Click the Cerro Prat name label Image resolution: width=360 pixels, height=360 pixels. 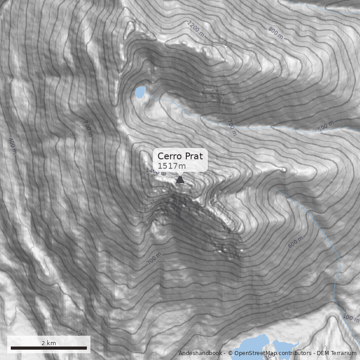click(x=180, y=156)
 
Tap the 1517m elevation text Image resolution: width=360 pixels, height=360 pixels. click(x=171, y=166)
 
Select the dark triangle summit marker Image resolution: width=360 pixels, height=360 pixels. click(x=180, y=180)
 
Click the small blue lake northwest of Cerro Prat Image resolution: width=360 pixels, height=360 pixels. click(x=139, y=93)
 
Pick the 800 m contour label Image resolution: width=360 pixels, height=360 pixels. click(x=275, y=32)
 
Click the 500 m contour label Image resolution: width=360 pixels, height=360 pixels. click(x=326, y=126)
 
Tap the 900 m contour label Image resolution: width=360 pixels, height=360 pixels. click(x=88, y=128)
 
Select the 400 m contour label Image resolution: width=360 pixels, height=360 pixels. click(x=12, y=146)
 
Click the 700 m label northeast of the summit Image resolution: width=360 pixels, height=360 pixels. click(x=232, y=128)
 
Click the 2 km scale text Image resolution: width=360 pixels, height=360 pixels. click(x=49, y=343)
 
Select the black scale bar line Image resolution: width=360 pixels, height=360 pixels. click(x=49, y=348)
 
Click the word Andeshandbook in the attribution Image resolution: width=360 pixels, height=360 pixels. click(x=199, y=353)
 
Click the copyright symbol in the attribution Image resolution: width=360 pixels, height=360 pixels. click(x=230, y=353)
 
